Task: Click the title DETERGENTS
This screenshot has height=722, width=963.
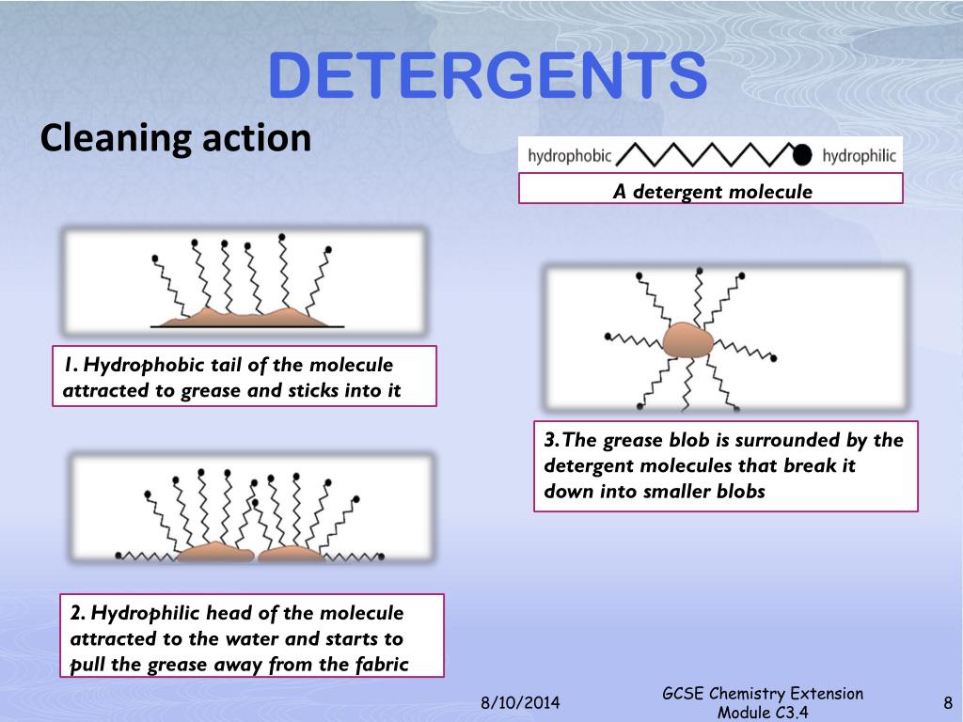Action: (488, 76)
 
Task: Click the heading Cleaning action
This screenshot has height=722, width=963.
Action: (176, 138)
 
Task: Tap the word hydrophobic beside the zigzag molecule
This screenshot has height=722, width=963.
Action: (569, 156)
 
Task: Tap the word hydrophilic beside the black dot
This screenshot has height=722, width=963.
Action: (859, 156)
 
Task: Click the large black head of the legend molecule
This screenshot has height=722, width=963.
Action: (802, 155)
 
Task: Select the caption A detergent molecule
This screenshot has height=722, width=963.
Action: (712, 192)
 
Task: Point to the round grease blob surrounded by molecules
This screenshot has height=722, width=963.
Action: (688, 339)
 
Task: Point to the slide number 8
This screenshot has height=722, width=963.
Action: (947, 702)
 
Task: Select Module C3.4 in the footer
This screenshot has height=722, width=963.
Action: (763, 713)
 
